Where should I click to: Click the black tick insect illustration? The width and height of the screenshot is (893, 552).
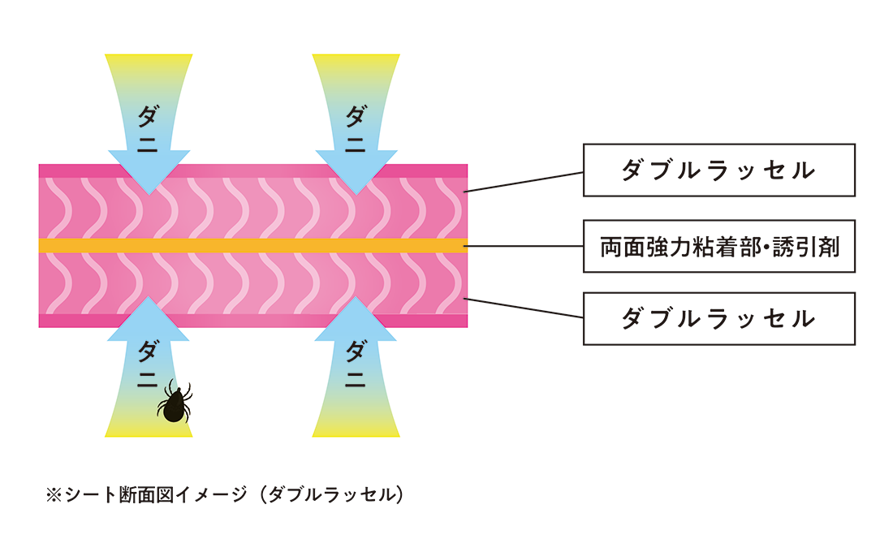[x=174, y=403]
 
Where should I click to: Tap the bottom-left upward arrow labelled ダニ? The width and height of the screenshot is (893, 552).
[x=149, y=365]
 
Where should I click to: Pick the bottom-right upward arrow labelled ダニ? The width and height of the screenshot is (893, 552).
[x=356, y=365]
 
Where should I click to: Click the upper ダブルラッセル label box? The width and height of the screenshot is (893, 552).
[x=718, y=170]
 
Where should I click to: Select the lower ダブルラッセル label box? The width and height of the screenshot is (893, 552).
[x=718, y=319]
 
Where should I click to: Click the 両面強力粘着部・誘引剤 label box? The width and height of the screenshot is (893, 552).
[x=718, y=245]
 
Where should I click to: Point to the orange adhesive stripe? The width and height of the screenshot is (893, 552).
[x=244, y=245]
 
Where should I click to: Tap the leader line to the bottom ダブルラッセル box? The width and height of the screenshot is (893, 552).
[x=524, y=308]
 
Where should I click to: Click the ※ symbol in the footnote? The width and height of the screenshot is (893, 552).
[x=54, y=494]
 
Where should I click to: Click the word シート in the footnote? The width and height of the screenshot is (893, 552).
[x=88, y=494]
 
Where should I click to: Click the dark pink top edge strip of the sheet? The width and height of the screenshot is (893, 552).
[x=244, y=170]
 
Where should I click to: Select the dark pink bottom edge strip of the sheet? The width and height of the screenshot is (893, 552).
[x=244, y=321]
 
